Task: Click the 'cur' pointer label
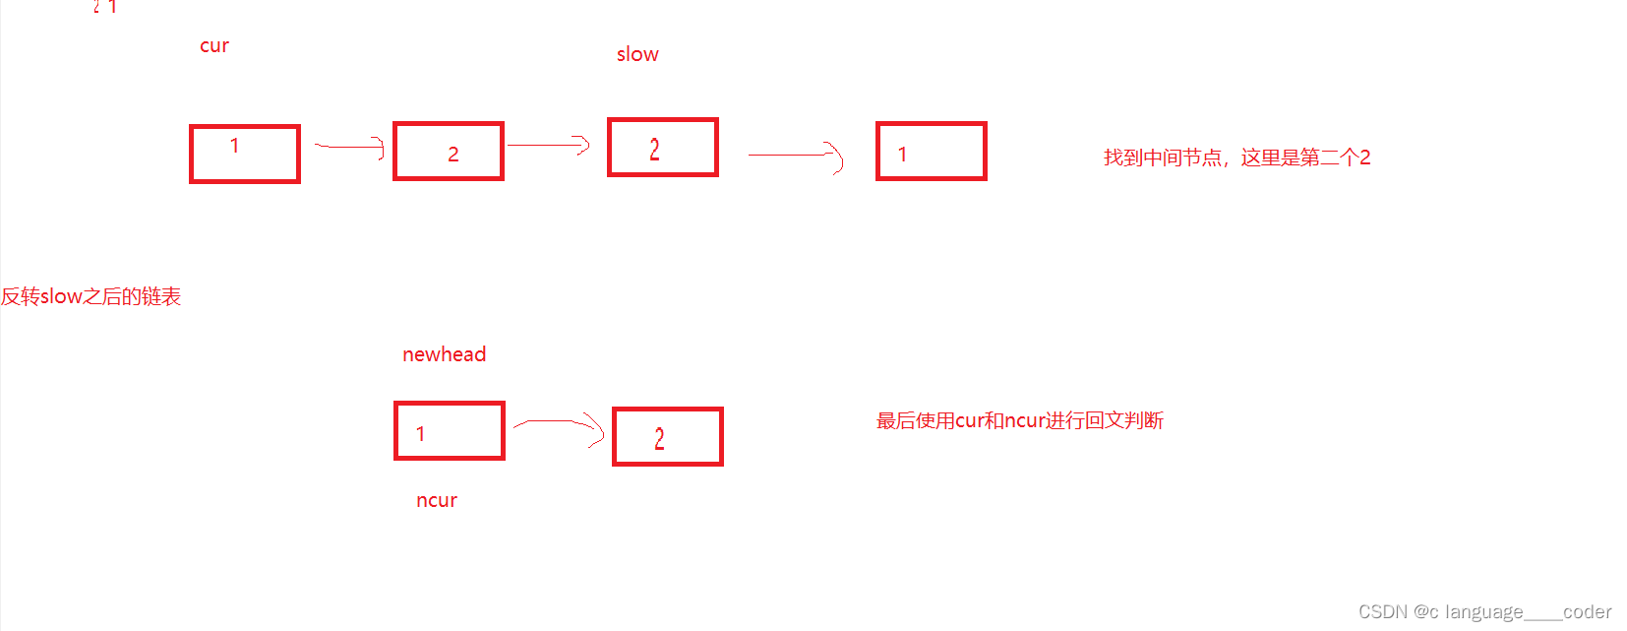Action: pyautogui.click(x=214, y=46)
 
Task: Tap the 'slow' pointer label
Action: pyautogui.click(x=637, y=55)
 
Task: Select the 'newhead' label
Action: pyautogui.click(x=444, y=354)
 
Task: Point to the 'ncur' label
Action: pyautogui.click(x=437, y=500)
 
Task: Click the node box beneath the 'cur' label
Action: pyautogui.click(x=245, y=154)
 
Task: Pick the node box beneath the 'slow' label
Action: pyautogui.click(x=663, y=148)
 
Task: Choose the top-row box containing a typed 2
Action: pyautogui.click(x=449, y=152)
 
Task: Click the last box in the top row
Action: pyautogui.click(x=931, y=152)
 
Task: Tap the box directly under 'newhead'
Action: pyautogui.click(x=450, y=431)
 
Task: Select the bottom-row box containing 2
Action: pyautogui.click(x=668, y=437)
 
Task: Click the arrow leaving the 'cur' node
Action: pyautogui.click(x=348, y=148)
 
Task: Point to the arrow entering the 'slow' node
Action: pyautogui.click(x=548, y=146)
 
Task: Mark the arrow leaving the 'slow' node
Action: pyautogui.click(x=795, y=156)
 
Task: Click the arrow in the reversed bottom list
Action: pyautogui.click(x=558, y=427)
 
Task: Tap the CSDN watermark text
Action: pyautogui.click(x=1484, y=612)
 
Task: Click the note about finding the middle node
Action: pyautogui.click(x=1236, y=158)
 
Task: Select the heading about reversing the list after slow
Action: pyautogui.click(x=90, y=296)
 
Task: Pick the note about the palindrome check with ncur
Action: pyautogui.click(x=1019, y=421)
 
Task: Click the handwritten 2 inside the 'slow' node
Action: pyautogui.click(x=654, y=150)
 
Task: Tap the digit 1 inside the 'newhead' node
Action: pyautogui.click(x=420, y=434)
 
